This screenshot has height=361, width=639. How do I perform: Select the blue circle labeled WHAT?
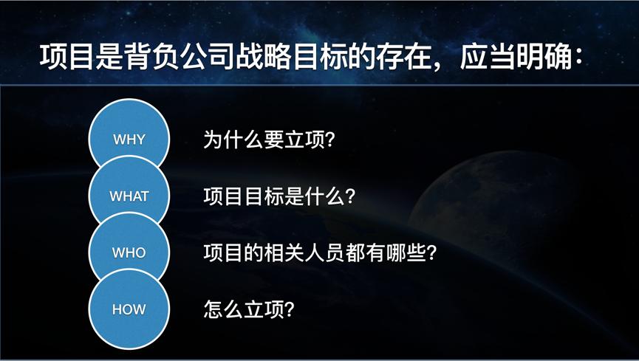[129, 193]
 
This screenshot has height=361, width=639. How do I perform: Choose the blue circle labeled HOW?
[129, 309]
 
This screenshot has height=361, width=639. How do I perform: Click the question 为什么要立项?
[269, 140]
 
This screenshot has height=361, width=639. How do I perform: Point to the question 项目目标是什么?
[279, 197]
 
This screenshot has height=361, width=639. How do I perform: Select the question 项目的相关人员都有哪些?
[320, 253]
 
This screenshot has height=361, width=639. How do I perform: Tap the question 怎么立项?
[249, 309]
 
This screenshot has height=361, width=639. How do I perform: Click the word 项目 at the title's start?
[66, 57]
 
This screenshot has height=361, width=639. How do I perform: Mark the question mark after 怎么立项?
[289, 309]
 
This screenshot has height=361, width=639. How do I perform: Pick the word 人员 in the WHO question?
[325, 253]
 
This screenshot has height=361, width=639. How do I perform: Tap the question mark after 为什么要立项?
[329, 140]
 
